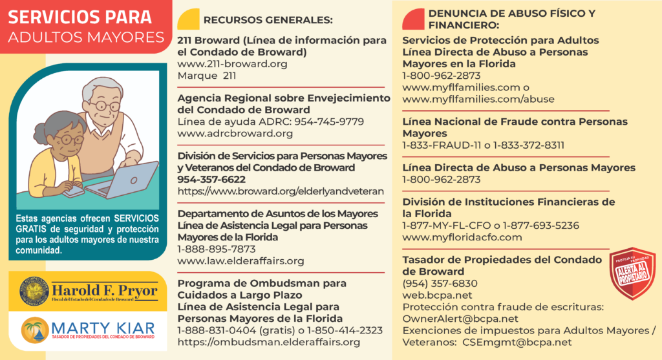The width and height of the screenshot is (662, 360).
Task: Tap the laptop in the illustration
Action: pyautogui.click(x=129, y=179)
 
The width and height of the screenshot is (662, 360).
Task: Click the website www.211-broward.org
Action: pyautogui.click(x=232, y=64)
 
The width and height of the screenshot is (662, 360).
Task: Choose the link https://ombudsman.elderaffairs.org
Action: pyautogui.click(x=268, y=342)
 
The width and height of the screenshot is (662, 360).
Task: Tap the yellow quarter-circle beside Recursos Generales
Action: pyautogui.click(x=188, y=20)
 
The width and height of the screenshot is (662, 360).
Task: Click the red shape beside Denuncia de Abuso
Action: pyautogui.click(x=412, y=20)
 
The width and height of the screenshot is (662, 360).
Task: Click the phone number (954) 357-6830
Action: pyautogui.click(x=440, y=283)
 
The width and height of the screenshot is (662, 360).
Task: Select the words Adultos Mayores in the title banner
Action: pyautogui.click(x=86, y=37)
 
